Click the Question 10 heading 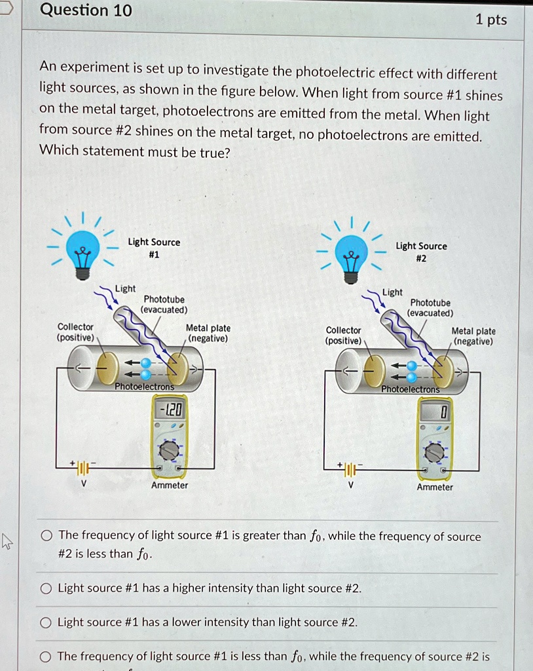(86, 10)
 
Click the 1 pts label (491, 20)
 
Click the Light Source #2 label (421, 252)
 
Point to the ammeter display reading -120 (170, 411)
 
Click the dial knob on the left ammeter (170, 450)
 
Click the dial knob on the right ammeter (434, 453)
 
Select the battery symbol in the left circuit (83, 468)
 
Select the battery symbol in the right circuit (350, 470)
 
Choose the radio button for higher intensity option (46, 588)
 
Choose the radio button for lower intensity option (46, 623)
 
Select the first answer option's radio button (46, 536)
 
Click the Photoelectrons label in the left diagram (144, 387)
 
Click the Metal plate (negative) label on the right (473, 336)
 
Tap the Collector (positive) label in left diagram (76, 332)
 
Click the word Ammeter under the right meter (435, 487)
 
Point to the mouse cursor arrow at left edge (7, 541)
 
